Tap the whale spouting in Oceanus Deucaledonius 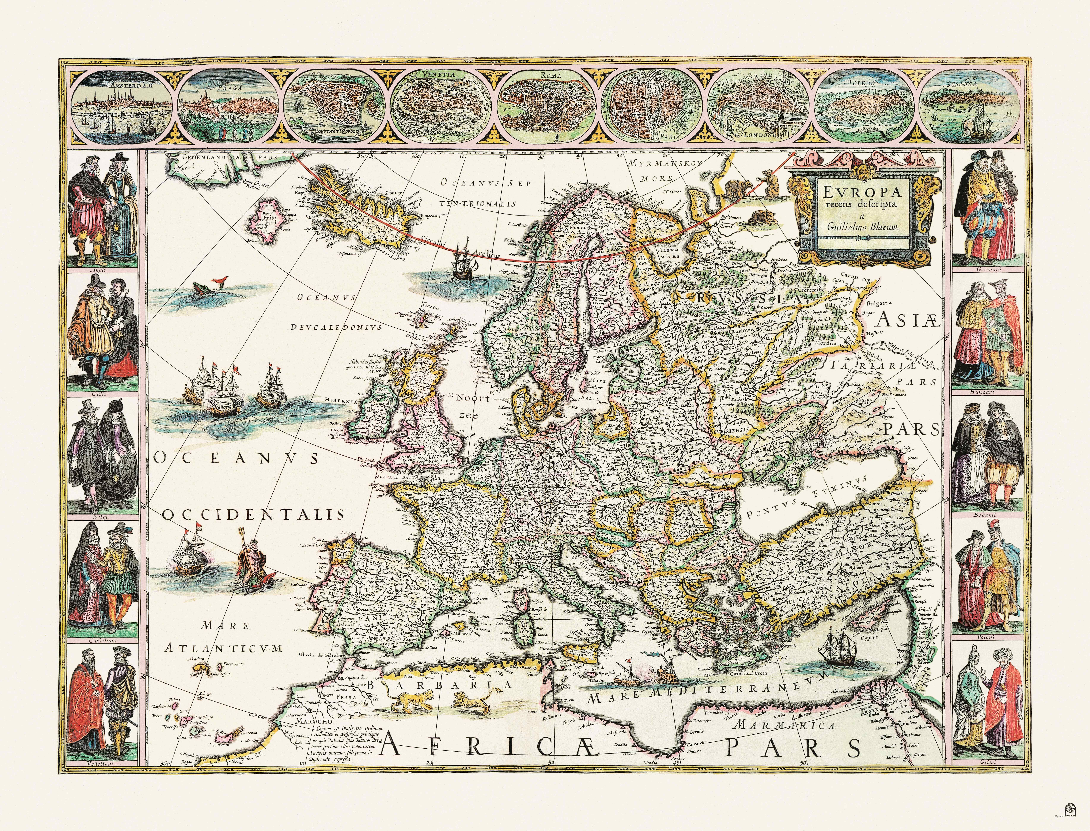[208, 287]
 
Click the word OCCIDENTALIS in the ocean [252, 514]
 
